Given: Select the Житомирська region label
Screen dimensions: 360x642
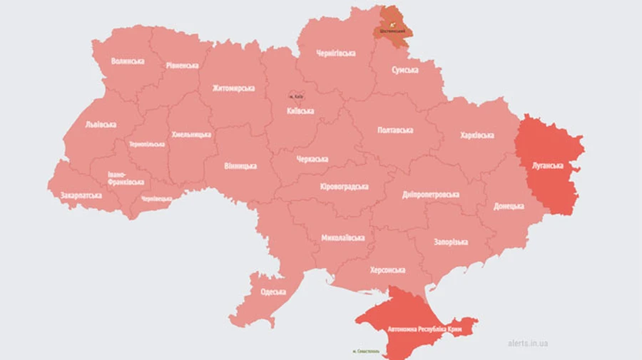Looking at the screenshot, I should coord(233,88).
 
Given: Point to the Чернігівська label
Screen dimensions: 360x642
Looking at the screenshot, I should coord(336,54).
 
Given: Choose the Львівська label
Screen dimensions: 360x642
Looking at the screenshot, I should coord(101,124).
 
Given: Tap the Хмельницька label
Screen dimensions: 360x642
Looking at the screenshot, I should coord(191,134).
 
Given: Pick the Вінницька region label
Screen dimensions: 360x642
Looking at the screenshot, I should coord(240,165).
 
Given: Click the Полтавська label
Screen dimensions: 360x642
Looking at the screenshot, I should coord(395,130).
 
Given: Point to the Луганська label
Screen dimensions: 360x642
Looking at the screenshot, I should coord(548,165).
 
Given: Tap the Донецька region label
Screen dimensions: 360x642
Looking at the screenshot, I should coord(509,207).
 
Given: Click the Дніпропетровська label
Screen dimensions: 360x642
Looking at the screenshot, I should coord(430,194).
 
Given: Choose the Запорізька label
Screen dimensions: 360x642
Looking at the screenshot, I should coord(451,242).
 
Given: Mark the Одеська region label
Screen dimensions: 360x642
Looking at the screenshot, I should coord(272,292).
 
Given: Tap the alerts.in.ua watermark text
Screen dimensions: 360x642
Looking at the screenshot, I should coord(528,343).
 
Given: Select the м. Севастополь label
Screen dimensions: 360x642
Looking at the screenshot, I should coord(370,351).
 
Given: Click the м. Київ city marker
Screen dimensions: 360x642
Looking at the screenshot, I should coord(296,96).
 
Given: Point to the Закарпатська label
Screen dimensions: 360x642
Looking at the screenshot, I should coord(81,195).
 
